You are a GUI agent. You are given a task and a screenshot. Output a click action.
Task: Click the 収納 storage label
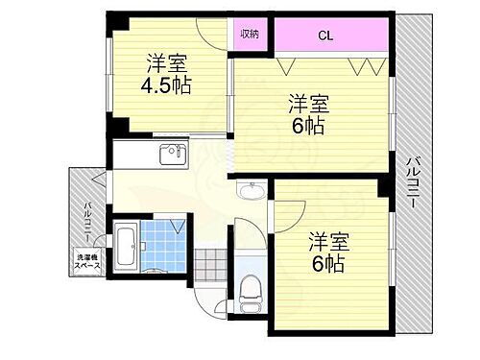pos(250,34)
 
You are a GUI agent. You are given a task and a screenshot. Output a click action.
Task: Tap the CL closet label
pos(326,36)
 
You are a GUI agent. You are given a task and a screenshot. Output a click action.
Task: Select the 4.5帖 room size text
pos(168,84)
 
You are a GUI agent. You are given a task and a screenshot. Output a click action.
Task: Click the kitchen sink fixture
pos(173,154)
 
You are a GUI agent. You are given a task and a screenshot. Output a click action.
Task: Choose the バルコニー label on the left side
pos(86,217)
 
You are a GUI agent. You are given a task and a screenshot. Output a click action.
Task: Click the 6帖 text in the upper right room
pos(307,124)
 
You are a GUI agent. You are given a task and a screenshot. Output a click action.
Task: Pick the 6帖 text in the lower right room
pos(326,261)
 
